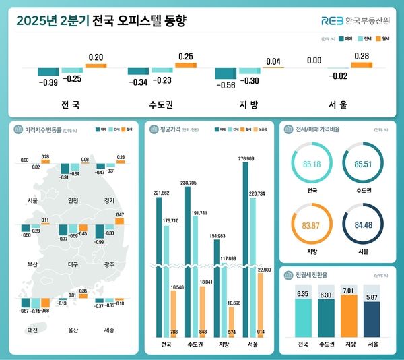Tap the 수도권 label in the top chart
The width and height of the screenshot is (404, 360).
click(x=160, y=105)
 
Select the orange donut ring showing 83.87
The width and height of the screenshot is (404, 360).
click(x=312, y=225)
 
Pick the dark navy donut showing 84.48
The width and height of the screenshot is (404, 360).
click(x=364, y=225)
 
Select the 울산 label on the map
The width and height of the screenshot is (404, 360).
click(x=73, y=330)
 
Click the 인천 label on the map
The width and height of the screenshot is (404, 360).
click(x=73, y=200)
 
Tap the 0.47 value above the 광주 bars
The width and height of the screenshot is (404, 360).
click(x=119, y=214)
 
